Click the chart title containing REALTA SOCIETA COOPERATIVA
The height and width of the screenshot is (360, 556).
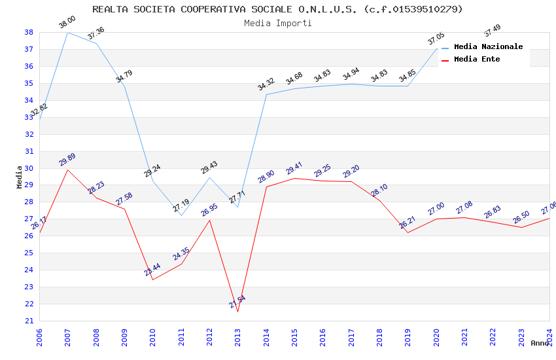[277, 9]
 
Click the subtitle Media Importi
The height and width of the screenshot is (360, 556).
[277, 23]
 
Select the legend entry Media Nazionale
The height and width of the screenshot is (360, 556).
[488, 46]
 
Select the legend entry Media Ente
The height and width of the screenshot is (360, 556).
[477, 59]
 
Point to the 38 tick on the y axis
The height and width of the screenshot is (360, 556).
[29, 32]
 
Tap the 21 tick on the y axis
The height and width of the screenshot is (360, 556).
[29, 321]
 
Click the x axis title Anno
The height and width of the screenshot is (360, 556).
[540, 343]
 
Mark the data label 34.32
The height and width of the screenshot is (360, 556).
[266, 84]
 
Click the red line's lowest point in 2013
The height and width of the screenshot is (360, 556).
[237, 312]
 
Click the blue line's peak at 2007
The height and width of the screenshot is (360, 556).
[67, 32]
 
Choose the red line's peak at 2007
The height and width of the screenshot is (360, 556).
[67, 170]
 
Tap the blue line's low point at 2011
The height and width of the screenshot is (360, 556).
[181, 215]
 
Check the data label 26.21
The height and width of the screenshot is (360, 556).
[408, 223]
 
